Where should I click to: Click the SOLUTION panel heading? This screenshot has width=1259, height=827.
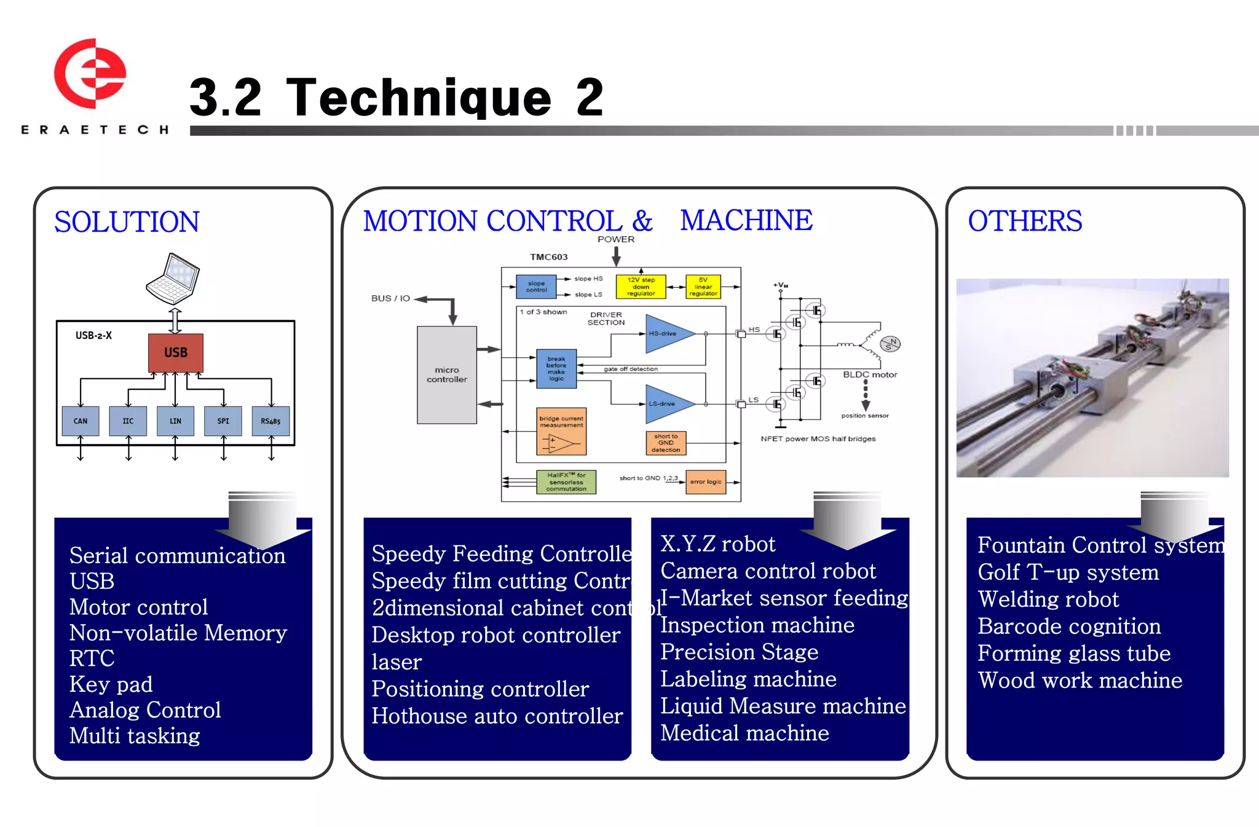pos(127,222)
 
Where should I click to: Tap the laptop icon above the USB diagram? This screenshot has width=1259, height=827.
pos(173,279)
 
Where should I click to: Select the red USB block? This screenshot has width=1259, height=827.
pos(175,352)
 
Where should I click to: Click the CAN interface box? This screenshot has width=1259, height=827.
pos(81,421)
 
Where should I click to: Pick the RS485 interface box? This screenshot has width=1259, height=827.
pos(270,421)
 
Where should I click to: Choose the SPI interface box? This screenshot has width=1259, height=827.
pos(223,421)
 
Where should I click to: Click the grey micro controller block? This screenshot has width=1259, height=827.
pos(447,374)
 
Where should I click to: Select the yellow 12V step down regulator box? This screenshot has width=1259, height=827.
pos(641,287)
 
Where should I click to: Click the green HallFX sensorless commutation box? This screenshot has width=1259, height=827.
pos(566,482)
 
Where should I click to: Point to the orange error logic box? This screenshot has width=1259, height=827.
pos(706,482)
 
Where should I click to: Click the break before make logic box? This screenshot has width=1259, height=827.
pos(556,369)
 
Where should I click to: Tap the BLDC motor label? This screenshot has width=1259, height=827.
pos(870,374)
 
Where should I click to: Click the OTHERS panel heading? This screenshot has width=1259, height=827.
pos(1025,221)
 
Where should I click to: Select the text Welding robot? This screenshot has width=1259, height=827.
pos(1048,599)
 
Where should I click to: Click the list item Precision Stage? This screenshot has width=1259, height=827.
pos(739,652)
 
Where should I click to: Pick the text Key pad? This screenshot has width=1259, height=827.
pos(111,684)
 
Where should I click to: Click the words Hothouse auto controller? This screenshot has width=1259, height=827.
pos(497,716)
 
